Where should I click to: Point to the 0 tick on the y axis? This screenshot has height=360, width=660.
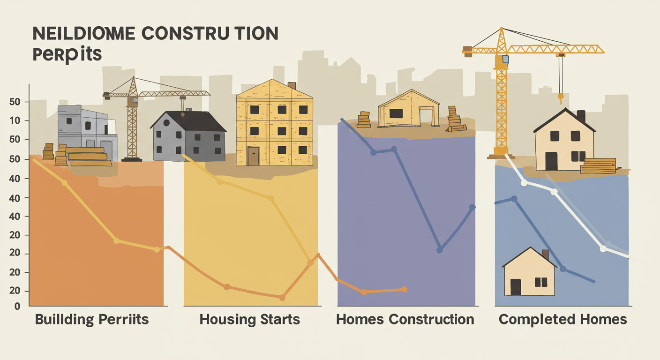pyautogui.click(x=17, y=306)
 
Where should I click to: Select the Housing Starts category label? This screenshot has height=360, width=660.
pyautogui.click(x=249, y=320)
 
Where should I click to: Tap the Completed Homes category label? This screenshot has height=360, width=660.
pyautogui.click(x=562, y=320)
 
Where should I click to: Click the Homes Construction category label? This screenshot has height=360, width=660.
pyautogui.click(x=405, y=320)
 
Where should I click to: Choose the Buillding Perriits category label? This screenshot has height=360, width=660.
pyautogui.click(x=92, y=320)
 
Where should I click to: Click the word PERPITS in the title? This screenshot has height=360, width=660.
pyautogui.click(x=67, y=54)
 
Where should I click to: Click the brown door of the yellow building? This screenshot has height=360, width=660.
pyautogui.click(x=253, y=156)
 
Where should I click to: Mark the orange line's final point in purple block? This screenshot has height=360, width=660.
pyautogui.click(x=405, y=289)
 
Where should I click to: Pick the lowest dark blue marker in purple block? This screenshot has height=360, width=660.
pyautogui.click(x=439, y=250)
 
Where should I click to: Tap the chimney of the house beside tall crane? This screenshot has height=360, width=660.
pyautogui.click(x=581, y=116)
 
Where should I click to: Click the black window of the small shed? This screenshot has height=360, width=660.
pyautogui.click(x=396, y=113)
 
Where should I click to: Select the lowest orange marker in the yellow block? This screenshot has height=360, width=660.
pyautogui.click(x=282, y=297)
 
